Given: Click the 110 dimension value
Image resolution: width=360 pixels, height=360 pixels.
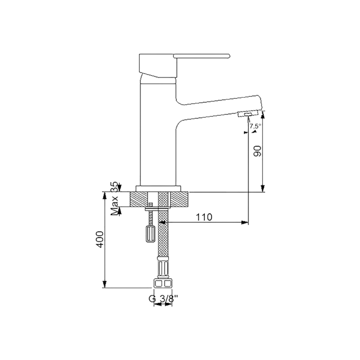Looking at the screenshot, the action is click(204, 217).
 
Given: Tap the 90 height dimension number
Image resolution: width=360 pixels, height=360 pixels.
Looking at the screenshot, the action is click(257, 151).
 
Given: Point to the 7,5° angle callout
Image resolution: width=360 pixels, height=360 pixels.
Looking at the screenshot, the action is click(255, 126).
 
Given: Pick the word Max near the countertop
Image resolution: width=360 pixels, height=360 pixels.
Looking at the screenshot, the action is click(115, 205).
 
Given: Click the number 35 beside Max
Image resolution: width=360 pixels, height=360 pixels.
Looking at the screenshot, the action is click(115, 186).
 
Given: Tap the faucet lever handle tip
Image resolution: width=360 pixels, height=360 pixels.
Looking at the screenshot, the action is click(229, 56).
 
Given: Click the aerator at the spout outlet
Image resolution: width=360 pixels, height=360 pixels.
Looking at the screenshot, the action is click(248, 114).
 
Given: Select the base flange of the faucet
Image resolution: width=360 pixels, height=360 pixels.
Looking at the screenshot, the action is click(158, 189).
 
